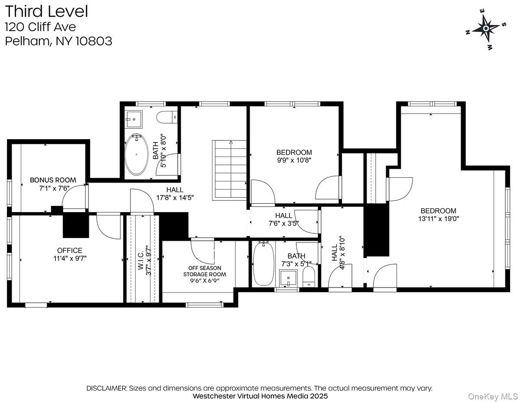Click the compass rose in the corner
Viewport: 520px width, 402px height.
tap(486, 29)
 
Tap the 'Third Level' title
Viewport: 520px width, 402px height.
tap(46, 12)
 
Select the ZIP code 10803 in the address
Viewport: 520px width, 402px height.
tap(94, 41)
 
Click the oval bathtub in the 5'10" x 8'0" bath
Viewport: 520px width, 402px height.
tap(136, 154)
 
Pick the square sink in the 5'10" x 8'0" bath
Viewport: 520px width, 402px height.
tap(134, 119)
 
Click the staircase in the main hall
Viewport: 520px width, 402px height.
tap(229, 170)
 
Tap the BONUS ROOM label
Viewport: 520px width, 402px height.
tap(53, 180)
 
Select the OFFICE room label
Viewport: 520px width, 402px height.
tap(70, 251)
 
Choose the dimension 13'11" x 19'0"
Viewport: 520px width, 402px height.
tap(439, 219)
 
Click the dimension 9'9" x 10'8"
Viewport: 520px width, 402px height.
tap(294, 160)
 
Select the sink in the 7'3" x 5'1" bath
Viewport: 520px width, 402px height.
tap(289, 278)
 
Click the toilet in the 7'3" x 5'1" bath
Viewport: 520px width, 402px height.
tap(309, 277)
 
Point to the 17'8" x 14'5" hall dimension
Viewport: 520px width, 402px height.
tap(175, 197)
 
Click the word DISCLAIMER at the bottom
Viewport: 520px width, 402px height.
tap(107, 388)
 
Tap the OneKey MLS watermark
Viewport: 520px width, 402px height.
tap(493, 397)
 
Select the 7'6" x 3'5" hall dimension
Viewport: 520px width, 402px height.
tap(284, 223)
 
